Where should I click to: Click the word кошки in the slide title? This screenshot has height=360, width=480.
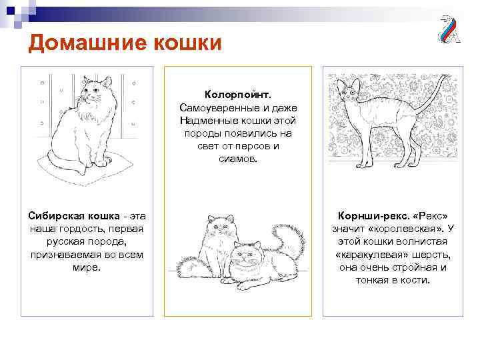click(187, 44)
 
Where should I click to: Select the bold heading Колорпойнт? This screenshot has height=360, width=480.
click(237, 95)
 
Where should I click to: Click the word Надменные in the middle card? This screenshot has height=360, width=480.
click(207, 121)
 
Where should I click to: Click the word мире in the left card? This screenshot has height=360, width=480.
click(86, 267)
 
